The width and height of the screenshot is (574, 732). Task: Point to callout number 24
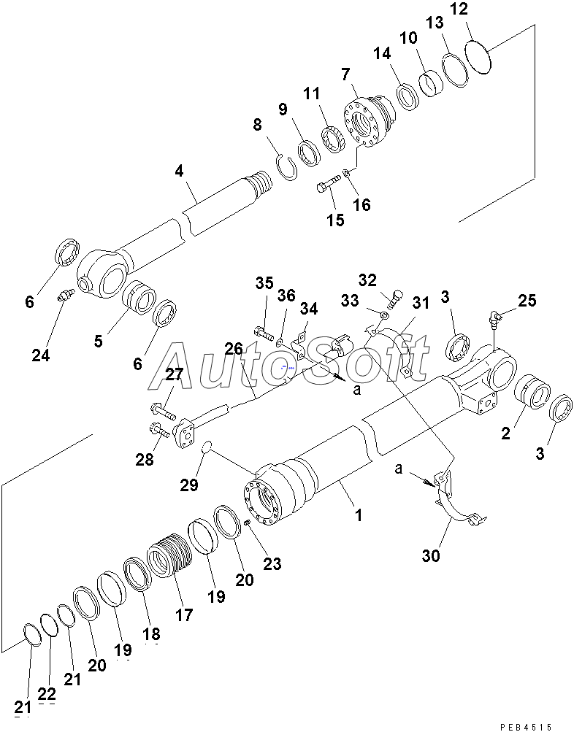(x=41, y=355)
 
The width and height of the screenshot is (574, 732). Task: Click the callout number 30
(x=431, y=555)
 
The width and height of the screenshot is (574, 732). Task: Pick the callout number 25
(x=527, y=300)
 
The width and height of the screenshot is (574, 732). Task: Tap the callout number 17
(x=184, y=615)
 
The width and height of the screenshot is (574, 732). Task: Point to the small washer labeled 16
(x=346, y=174)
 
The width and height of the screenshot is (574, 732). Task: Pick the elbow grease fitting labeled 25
(x=494, y=317)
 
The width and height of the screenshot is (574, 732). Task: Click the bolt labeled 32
(x=396, y=298)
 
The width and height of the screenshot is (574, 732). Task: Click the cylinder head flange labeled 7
(x=368, y=122)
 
